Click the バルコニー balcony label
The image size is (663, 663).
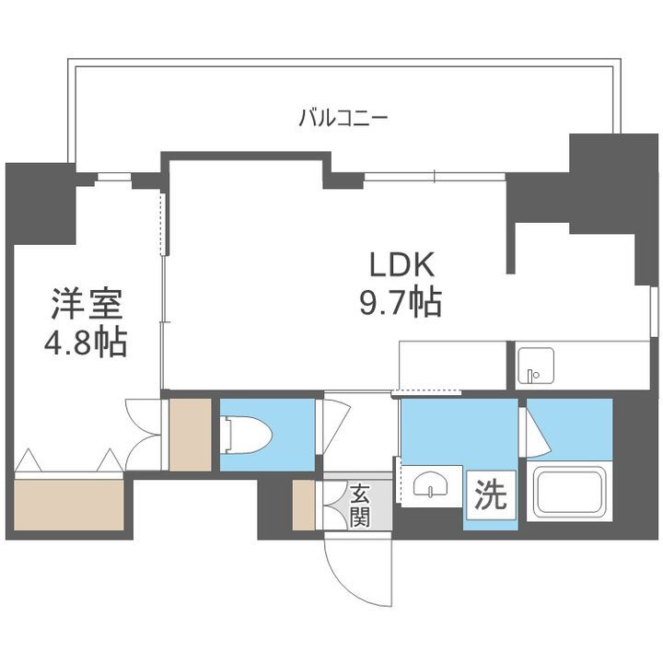(343, 118)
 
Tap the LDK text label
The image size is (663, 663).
(401, 266)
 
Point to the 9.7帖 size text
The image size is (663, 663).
(401, 302)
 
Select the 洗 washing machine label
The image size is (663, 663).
(489, 498)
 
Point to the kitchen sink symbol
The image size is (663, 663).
(534, 366)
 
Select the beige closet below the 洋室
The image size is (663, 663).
(69, 505)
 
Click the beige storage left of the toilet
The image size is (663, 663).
(190, 434)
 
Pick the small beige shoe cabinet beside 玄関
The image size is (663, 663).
(303, 506)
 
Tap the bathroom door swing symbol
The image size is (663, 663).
(535, 434)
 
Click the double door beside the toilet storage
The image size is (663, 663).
(144, 434)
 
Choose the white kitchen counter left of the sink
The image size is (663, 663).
(453, 366)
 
